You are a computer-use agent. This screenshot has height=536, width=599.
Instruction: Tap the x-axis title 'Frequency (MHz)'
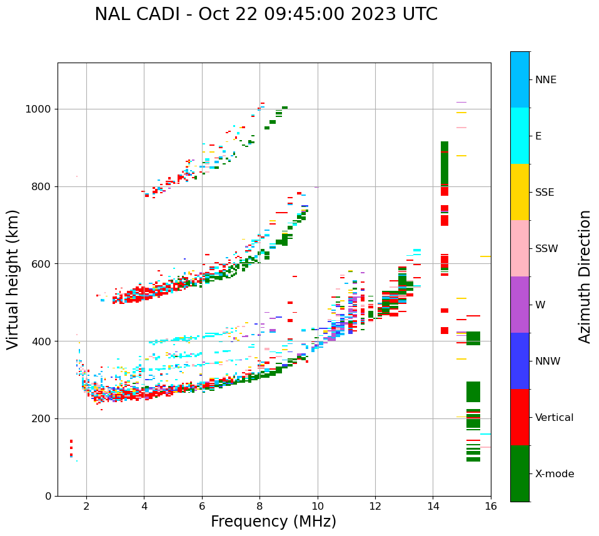tap(273, 522)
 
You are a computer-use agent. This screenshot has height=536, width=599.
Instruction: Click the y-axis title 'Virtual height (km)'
tap(13, 280)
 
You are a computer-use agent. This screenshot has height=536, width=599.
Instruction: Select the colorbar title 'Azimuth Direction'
tap(585, 276)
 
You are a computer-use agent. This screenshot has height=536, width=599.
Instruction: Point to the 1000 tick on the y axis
tap(41, 109)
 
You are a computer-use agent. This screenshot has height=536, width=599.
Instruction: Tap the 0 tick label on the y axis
tap(48, 496)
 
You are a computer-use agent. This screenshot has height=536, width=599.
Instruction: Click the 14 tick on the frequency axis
tap(433, 505)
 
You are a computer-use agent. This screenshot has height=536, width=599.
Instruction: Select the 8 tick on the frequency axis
tap(259, 505)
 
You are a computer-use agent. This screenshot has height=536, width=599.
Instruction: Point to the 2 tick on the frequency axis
tap(86, 505)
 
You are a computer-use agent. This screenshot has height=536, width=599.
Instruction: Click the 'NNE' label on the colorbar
tap(546, 80)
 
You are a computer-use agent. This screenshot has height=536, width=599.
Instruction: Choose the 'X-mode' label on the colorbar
tap(555, 474)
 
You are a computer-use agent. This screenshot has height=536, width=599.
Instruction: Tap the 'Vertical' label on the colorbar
tap(554, 418)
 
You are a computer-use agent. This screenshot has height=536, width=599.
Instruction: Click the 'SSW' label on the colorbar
tap(546, 249)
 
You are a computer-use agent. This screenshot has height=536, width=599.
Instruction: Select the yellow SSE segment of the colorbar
tap(520, 192)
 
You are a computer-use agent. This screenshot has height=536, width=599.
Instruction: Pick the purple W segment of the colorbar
tap(520, 305)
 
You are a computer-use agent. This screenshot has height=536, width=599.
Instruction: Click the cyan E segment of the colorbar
tap(520, 136)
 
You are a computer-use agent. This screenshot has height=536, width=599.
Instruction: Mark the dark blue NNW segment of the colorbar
tap(520, 361)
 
